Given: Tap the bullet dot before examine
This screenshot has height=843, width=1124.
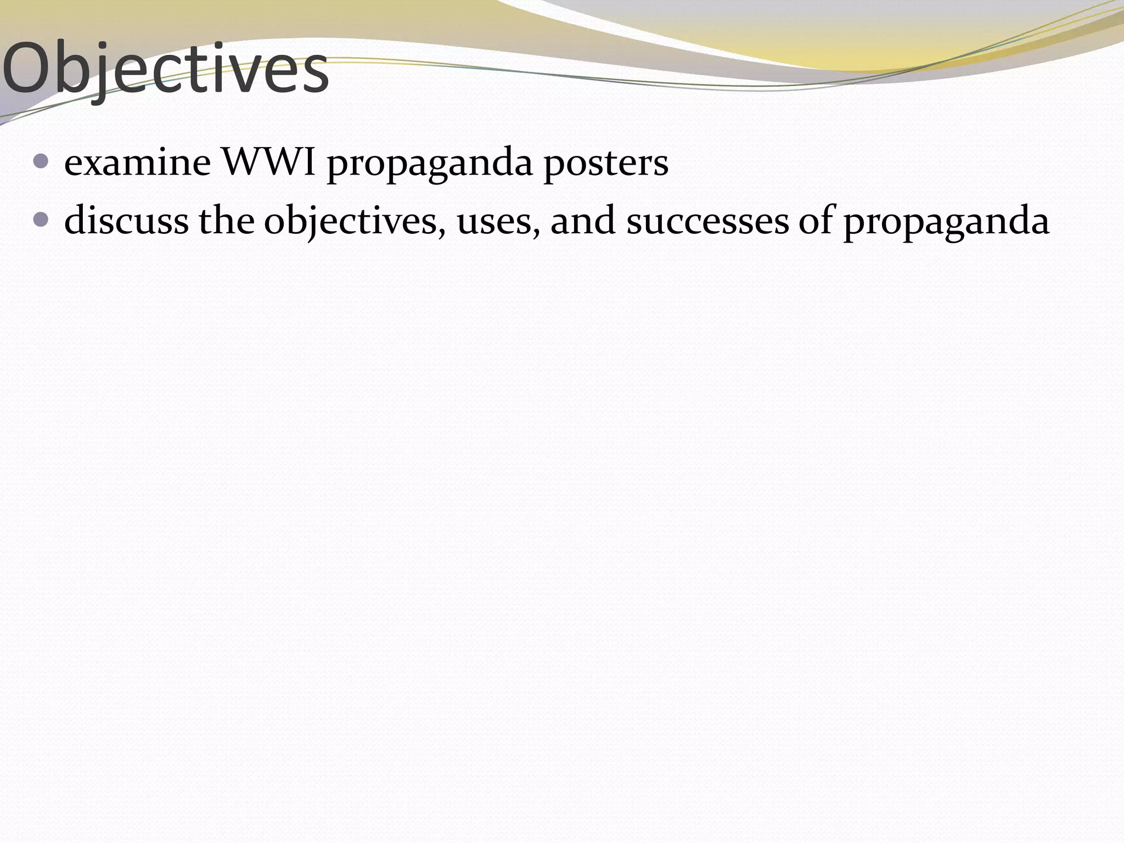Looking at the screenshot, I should pyautogui.click(x=41, y=161).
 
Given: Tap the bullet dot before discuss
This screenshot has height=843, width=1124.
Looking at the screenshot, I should pyautogui.click(x=41, y=220).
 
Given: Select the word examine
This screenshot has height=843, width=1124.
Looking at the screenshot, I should pyautogui.click(x=137, y=163).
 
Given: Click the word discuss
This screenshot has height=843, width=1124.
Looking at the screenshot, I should pyautogui.click(x=126, y=221).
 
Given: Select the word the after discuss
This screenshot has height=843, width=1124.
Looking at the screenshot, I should pyautogui.click(x=226, y=221).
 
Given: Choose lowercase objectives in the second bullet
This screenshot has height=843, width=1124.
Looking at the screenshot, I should pyautogui.click(x=351, y=222).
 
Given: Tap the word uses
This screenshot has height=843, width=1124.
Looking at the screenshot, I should pyautogui.click(x=494, y=222).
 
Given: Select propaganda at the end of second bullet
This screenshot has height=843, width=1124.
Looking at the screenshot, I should pyautogui.click(x=946, y=222).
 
